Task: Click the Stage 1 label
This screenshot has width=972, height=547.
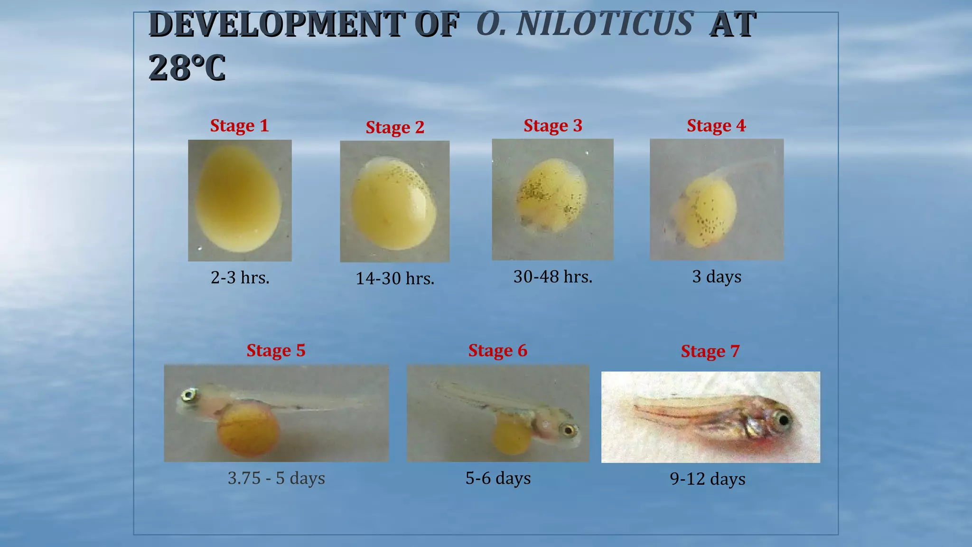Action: pos(239,126)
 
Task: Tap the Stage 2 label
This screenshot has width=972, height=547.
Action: pos(395,127)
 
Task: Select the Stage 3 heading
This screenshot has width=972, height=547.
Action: pos(552,126)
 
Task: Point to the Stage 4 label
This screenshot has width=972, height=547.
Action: pos(716,126)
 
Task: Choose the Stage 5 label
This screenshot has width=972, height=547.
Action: pos(276,350)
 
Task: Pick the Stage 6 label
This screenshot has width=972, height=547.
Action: pos(497,350)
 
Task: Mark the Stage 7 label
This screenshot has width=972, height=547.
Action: pos(710,351)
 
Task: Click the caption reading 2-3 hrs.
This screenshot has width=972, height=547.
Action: pos(240,277)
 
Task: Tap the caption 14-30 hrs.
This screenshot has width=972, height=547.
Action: pos(395,278)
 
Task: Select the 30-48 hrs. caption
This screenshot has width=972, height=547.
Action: pos(552,276)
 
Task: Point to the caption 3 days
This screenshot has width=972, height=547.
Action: pos(716,276)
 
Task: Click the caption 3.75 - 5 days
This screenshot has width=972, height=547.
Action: pos(276,478)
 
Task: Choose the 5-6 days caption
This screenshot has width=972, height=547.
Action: pos(498,478)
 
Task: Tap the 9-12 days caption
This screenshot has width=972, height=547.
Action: pos(707,479)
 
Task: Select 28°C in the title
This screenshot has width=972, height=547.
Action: pos(187,67)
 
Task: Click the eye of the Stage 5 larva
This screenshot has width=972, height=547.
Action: pos(190,394)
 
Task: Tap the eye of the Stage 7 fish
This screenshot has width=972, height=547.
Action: pos(783,420)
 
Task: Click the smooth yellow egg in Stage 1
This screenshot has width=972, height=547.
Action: pos(239,199)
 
